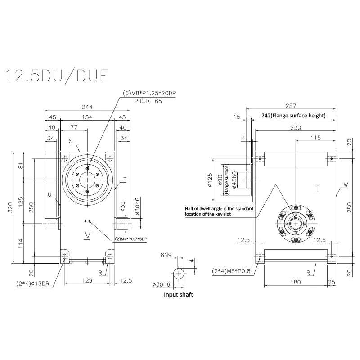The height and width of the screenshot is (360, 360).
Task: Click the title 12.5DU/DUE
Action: [57, 76]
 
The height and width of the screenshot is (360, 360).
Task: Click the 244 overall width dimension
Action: [87, 107]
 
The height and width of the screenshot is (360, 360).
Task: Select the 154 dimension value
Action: [87, 117]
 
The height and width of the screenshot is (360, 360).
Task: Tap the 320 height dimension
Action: [10, 207]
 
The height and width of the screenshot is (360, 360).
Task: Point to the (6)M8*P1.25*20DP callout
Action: [150, 93]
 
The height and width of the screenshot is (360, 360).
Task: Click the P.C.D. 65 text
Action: [148, 101]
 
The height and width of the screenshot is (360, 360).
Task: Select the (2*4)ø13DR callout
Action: [32, 283]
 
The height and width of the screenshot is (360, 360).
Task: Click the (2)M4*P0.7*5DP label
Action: [131, 239]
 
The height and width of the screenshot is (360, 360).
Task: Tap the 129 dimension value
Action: [87, 280]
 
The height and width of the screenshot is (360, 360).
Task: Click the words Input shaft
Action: [178, 295]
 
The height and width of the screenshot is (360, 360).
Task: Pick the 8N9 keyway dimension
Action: [166, 255]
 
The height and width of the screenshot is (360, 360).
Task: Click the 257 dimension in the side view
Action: [291, 106]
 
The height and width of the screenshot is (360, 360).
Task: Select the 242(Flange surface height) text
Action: [294, 116]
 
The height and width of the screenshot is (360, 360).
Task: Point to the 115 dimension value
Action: [316, 138]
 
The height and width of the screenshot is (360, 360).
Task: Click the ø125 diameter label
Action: [210, 180]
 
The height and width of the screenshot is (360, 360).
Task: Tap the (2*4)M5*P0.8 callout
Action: [231, 271]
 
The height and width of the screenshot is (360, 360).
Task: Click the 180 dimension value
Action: [296, 282]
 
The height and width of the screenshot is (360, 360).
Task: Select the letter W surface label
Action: [346, 184]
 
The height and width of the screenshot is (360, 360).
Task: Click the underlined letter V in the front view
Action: [87, 235]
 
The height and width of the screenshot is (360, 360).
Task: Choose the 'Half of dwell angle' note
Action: [219, 211]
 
